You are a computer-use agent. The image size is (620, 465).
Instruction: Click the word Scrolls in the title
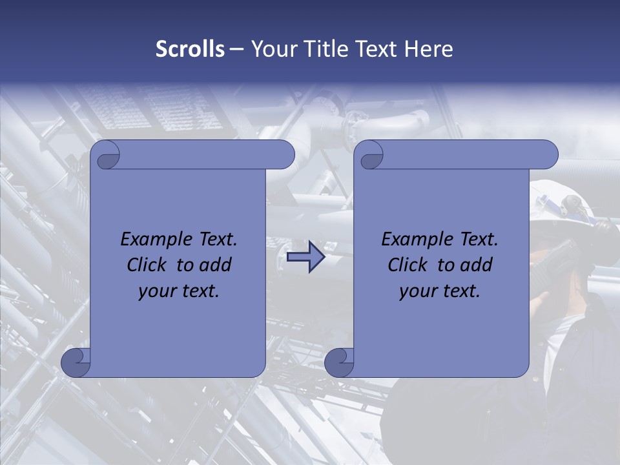click(191, 49)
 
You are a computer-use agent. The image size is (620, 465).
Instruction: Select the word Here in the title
click(429, 49)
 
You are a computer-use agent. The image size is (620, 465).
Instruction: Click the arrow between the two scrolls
click(305, 257)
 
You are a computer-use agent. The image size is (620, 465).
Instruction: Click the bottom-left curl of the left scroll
click(76, 362)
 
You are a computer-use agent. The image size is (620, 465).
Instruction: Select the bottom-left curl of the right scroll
click(339, 362)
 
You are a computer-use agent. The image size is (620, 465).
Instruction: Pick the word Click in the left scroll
click(147, 265)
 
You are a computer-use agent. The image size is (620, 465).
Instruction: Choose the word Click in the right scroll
click(408, 265)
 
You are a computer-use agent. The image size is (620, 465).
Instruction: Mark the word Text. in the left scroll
click(215, 240)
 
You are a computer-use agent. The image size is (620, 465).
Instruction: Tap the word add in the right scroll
click(475, 265)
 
